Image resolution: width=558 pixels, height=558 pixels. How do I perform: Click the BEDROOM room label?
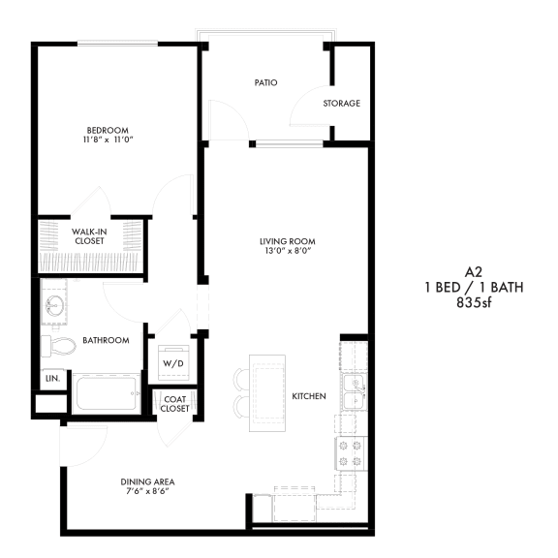click(108, 130)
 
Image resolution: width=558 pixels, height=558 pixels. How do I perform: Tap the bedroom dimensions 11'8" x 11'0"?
click(108, 141)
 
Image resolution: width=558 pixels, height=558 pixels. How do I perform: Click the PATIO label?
click(266, 82)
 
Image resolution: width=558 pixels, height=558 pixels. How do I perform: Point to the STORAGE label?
click(342, 104)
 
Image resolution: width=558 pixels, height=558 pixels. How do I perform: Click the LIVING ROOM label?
click(288, 240)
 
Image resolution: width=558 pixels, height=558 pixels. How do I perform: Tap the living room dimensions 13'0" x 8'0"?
click(288, 251)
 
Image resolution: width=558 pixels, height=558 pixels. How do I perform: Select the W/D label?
click(173, 363)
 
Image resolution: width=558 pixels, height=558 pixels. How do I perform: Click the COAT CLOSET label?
click(175, 402)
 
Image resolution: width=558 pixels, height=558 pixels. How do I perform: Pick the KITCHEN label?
click(309, 396)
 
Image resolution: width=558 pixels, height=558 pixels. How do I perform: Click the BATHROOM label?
click(106, 340)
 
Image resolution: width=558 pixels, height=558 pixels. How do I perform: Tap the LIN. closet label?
click(51, 378)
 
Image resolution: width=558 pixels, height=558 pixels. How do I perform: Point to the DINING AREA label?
click(147, 481)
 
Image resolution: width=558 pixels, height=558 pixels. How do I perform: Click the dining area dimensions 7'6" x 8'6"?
click(147, 492)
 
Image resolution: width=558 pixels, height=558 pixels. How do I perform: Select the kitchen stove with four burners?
click(350, 453)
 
